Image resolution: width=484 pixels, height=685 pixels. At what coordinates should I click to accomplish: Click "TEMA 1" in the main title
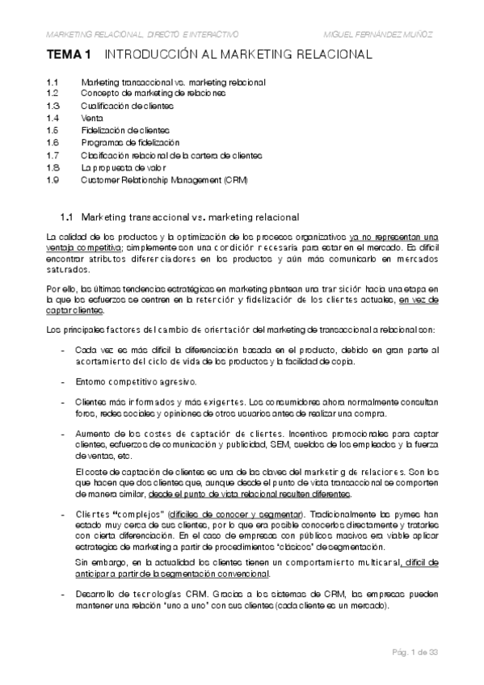[x=69, y=56]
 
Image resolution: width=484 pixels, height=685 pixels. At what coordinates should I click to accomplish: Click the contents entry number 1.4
[x=53, y=117]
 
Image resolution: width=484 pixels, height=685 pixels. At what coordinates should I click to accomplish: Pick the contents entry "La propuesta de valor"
[x=118, y=166]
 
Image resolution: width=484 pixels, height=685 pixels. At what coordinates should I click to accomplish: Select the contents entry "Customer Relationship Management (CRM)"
[x=164, y=179]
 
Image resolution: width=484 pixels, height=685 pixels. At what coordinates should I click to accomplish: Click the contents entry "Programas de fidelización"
[x=124, y=142]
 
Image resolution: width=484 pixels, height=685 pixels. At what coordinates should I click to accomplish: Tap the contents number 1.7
[x=53, y=154]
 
